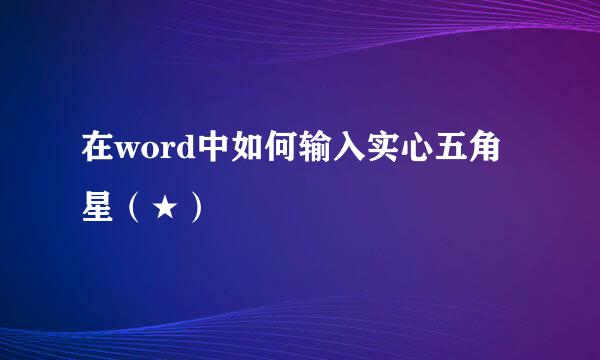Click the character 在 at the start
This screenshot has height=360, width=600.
tap(98, 157)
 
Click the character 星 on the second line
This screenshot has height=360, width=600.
tap(98, 210)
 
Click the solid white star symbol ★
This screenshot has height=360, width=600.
tap(163, 210)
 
